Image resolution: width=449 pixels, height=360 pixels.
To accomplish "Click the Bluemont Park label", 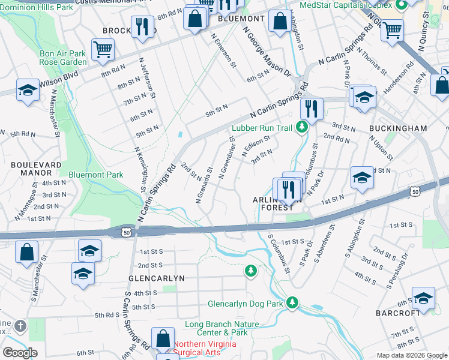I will tap(95, 175).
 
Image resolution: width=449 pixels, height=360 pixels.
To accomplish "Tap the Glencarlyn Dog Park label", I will tap(245, 304).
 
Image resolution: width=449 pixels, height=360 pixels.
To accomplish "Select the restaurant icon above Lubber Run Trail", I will tap(312, 109).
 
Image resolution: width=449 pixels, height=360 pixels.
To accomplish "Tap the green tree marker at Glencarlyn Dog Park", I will tap(292, 302).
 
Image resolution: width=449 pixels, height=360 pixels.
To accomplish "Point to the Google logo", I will tap(20, 353).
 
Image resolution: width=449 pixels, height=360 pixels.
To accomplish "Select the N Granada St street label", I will tap(205, 185).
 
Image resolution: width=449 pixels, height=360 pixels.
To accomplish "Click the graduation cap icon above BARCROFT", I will tap(423, 297).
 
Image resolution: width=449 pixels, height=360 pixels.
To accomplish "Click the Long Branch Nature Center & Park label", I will tap(216, 328).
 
